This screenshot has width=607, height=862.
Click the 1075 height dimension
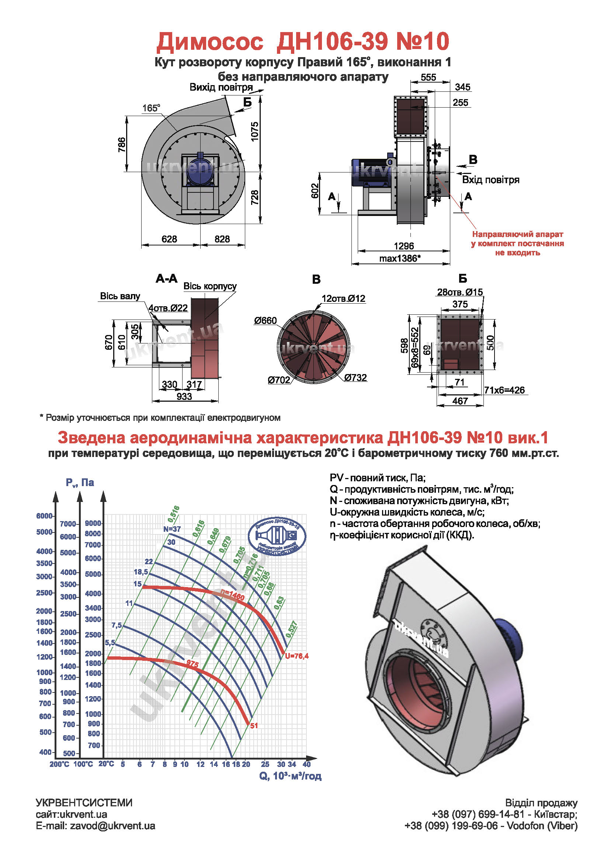point(255,131)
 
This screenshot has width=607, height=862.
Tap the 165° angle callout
point(151,108)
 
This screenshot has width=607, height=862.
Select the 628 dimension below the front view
point(169,239)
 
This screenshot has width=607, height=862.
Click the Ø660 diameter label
point(265,320)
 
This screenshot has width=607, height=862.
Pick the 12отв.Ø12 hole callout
point(343,298)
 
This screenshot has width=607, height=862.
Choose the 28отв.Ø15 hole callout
point(460,292)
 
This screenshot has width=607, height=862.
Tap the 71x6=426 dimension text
point(504,390)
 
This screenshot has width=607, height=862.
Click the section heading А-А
point(166,278)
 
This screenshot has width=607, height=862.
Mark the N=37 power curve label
point(172,529)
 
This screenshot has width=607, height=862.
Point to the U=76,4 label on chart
point(297,656)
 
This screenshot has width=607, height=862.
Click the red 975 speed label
point(192,664)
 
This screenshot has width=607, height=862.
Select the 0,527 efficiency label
point(292,629)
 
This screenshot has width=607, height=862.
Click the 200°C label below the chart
point(59,764)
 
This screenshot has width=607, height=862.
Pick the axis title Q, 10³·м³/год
point(290,776)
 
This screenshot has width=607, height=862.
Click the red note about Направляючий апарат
point(517,243)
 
